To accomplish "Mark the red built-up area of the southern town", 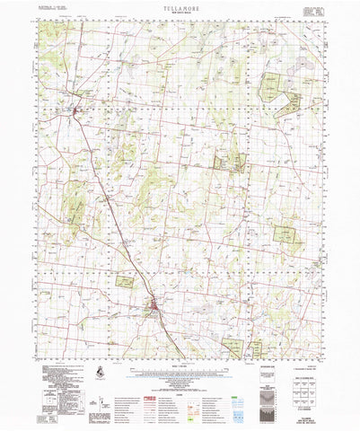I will click(155, 312).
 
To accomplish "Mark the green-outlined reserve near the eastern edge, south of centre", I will click(285, 234).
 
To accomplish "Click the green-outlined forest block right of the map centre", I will click(235, 163).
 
